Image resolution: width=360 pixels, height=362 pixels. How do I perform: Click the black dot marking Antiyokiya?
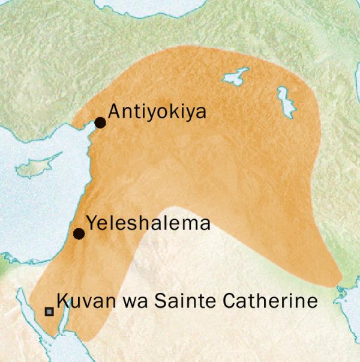coord(100,122)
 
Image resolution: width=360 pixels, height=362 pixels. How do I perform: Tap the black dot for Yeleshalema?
coord(79,234)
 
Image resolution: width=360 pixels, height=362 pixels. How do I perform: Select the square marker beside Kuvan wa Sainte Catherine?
coord(49,312)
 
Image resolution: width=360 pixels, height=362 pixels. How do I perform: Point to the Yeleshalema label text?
coord(148,223)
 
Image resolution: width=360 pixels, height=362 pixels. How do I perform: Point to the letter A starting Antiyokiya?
coord(113,112)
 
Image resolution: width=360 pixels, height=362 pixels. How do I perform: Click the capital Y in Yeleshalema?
coord(91,223)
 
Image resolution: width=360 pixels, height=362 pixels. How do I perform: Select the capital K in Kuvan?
coord(61,301)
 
